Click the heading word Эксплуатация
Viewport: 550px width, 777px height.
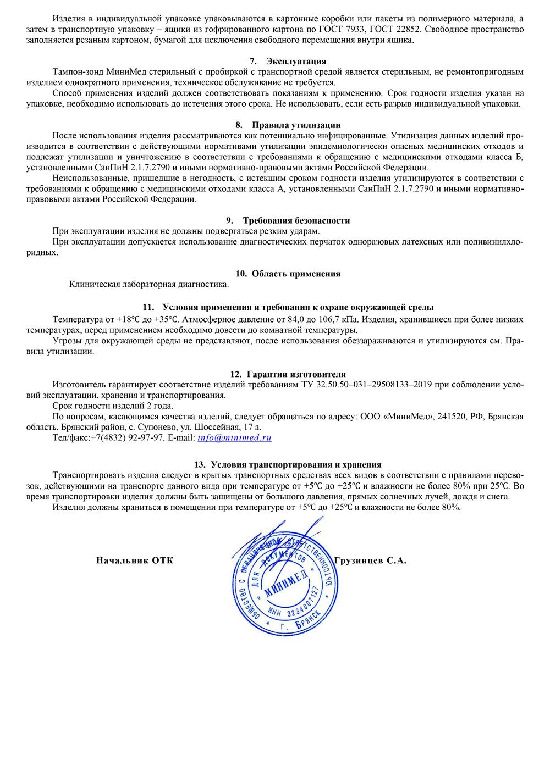click(296, 61)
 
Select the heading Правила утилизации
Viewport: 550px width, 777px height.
click(296, 125)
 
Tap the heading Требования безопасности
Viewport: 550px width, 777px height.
click(296, 220)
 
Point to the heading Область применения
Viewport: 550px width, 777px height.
click(296, 274)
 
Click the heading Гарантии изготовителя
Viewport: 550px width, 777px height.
click(296, 374)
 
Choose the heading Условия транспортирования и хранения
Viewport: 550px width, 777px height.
click(296, 464)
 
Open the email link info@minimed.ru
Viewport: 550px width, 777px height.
click(234, 437)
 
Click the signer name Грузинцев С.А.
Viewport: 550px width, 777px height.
click(370, 560)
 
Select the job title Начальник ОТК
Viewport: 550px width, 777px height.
click(135, 560)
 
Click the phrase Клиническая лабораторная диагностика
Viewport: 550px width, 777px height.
click(149, 285)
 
